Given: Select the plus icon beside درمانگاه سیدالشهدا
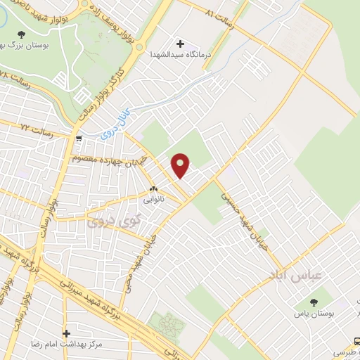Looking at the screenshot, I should [x=181, y=44].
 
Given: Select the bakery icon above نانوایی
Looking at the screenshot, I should [x=153, y=189].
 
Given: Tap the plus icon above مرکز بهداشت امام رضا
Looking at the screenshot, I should [x=67, y=333].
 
